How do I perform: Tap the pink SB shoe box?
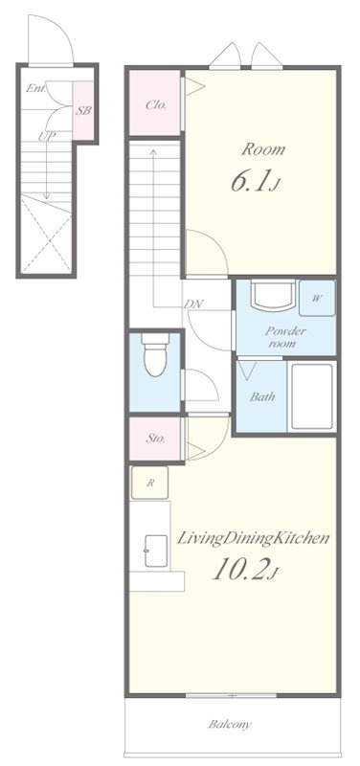(x=83, y=110)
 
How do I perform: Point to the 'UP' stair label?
(x=47, y=137)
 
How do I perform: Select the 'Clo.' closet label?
(x=156, y=104)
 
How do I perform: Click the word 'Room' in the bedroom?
(x=263, y=149)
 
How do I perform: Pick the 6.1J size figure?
(x=254, y=182)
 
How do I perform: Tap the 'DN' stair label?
(x=193, y=304)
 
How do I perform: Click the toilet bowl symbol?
(x=155, y=354)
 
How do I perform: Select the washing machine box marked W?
(x=317, y=298)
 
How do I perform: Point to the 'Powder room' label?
(x=285, y=337)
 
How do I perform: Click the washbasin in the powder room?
(x=273, y=295)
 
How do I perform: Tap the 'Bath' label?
(x=262, y=396)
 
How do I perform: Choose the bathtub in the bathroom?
(x=311, y=395)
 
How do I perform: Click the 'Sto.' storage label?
(x=155, y=439)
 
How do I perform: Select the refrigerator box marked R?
(x=149, y=483)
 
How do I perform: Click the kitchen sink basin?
(x=156, y=551)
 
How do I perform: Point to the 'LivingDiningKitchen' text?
(x=253, y=539)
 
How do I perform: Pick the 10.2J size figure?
(x=246, y=570)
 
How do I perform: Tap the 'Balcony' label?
(x=230, y=724)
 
